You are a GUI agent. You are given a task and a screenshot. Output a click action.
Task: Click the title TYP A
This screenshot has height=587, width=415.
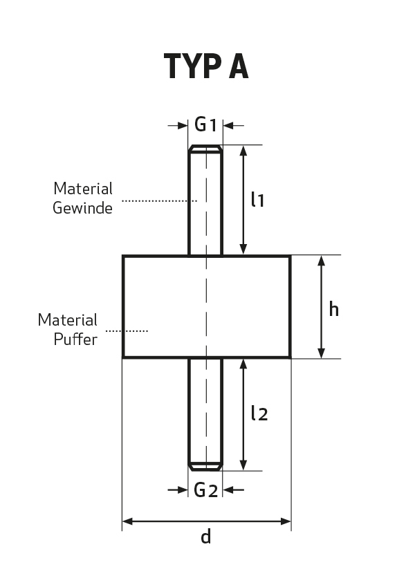tap(206, 66)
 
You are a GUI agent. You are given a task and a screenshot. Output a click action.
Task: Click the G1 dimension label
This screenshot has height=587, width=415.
tap(205, 124)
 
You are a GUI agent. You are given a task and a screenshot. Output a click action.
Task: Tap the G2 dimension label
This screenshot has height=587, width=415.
tap(205, 490)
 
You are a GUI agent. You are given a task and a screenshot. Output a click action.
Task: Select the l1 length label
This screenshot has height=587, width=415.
tap(258, 199)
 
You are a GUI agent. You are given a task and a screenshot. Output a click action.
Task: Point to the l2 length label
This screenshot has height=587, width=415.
tap(259, 413)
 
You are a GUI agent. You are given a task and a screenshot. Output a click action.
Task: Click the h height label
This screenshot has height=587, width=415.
tap(333, 309)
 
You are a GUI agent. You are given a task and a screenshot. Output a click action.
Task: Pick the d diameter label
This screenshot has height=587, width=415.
tap(206, 536)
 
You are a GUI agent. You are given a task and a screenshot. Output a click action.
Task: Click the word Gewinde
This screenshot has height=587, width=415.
tap(82, 208)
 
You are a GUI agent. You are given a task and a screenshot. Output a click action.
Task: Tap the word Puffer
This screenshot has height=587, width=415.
tap(75, 339)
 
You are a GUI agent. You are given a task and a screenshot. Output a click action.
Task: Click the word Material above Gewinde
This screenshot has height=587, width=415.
tap(83, 188)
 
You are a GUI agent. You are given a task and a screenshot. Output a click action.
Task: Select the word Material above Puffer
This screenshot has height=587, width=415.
tap(67, 320)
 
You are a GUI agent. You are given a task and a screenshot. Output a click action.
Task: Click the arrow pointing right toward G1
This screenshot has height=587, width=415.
tap(178, 125)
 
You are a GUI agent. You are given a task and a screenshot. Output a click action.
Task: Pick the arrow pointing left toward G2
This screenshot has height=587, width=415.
tap(233, 490)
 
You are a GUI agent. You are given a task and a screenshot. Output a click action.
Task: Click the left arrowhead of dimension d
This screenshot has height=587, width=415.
tap(127, 521)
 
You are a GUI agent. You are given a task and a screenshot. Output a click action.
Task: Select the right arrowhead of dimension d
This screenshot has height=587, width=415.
tap(286, 521)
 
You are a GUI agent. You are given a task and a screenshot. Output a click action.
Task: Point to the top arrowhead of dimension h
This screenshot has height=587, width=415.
tap(321, 261)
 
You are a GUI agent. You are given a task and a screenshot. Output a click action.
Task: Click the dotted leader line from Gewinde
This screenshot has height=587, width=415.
tap(160, 201)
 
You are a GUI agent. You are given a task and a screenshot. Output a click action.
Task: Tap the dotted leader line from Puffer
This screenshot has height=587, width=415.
tap(127, 331)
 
